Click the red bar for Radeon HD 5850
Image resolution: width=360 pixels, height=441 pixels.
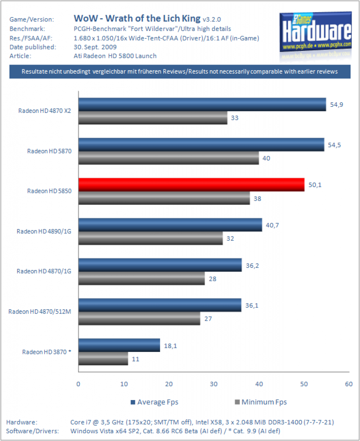coord(191,185)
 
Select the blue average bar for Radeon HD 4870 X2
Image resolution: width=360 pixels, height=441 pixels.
coord(202,104)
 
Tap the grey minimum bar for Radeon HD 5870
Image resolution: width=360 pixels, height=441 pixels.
coord(169,158)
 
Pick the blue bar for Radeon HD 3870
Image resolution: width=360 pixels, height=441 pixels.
coord(119,345)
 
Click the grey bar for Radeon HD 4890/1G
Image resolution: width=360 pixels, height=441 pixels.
coord(150,238)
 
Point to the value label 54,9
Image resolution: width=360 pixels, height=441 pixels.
coord(336,105)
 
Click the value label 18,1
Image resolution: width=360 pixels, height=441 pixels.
coord(170,346)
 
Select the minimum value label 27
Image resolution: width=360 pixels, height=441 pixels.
coord(208,319)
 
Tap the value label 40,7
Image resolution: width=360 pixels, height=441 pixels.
coord(272,225)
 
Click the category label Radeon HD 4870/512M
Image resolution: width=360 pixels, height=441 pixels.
coord(40,312)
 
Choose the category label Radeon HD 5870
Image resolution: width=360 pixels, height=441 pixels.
coord(49,151)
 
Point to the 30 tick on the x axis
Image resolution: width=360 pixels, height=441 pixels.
coord(214,384)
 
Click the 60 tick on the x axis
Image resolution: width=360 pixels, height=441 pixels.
coord(349,384)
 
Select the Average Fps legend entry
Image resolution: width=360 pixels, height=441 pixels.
coord(154,402)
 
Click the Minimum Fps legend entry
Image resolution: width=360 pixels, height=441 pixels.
coord(261,402)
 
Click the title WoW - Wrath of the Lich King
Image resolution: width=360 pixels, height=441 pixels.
coord(137,19)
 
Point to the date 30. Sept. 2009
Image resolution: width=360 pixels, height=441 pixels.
coord(95,47)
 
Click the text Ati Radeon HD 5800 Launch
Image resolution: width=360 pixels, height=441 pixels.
coord(115,56)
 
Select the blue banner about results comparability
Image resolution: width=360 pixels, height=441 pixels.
coord(180,72)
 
